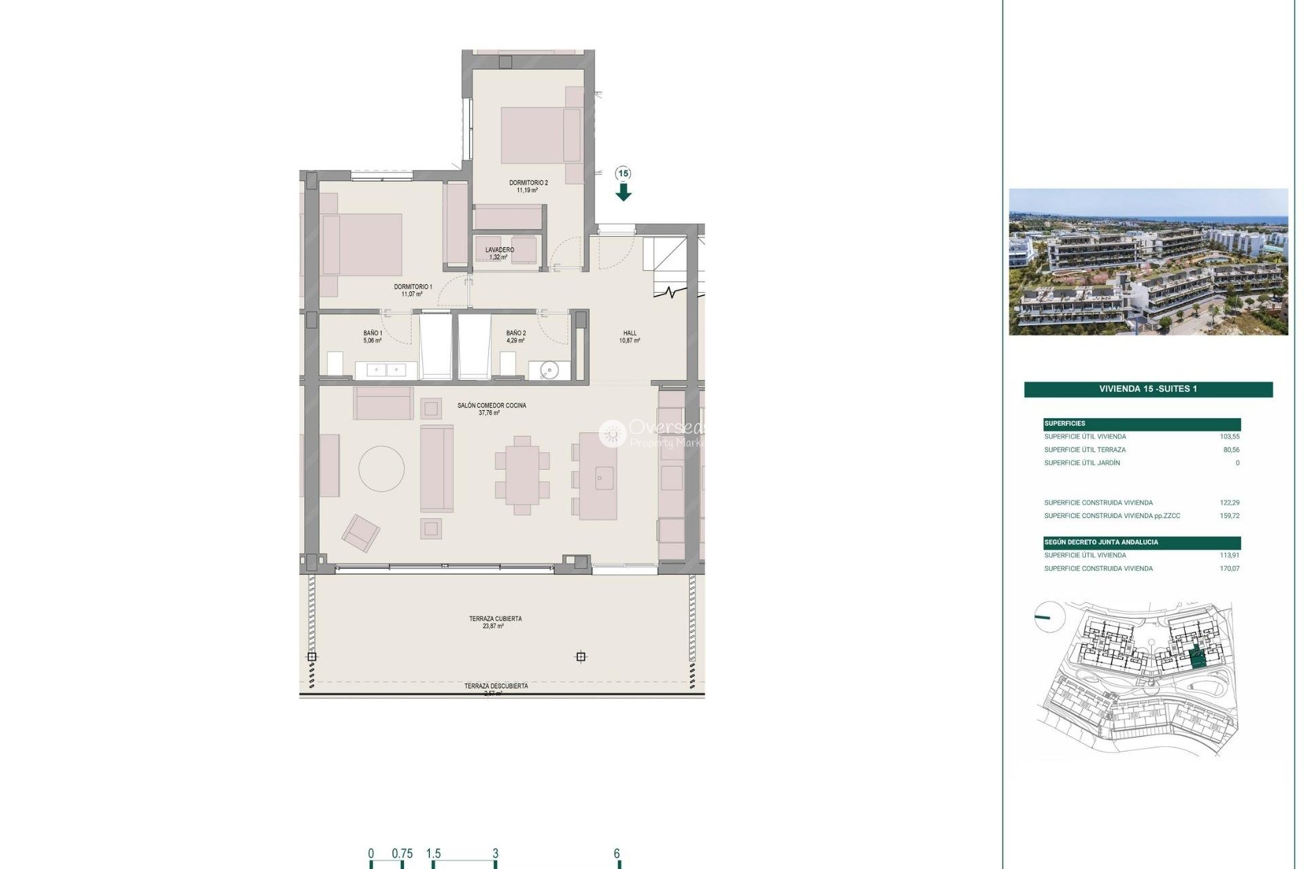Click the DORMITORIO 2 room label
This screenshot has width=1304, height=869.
pyautogui.click(x=528, y=183)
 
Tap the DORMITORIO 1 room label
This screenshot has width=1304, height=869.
pyautogui.click(x=413, y=287)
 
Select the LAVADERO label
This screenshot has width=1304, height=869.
pyautogui.click(x=499, y=250)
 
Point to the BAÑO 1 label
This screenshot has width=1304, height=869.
pyautogui.click(x=372, y=333)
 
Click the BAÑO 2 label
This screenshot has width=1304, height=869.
pyautogui.click(x=515, y=333)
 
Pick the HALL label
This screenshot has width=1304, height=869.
pyautogui.click(x=630, y=333)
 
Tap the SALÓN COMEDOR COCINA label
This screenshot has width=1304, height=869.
pyautogui.click(x=491, y=405)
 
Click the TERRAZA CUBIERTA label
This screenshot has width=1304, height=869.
pyautogui.click(x=495, y=619)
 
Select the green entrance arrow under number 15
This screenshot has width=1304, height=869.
pyautogui.click(x=623, y=193)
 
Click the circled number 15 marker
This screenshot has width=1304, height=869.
pyautogui.click(x=623, y=174)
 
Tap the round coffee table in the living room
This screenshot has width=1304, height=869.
pyautogui.click(x=382, y=468)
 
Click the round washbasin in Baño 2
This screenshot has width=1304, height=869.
pyautogui.click(x=549, y=370)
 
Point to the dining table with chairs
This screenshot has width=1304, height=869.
pyautogui.click(x=522, y=475)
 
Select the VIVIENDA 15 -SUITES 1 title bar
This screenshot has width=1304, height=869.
pyautogui.click(x=1148, y=389)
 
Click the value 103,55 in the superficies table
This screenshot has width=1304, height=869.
pyautogui.click(x=1229, y=437)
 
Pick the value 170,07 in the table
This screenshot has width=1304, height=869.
pyautogui.click(x=1229, y=569)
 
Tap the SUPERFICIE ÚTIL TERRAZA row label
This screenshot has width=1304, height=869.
pyautogui.click(x=1085, y=450)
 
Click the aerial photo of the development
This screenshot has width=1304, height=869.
pyautogui.click(x=1148, y=261)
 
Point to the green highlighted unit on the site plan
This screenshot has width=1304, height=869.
pyautogui.click(x=1198, y=658)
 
